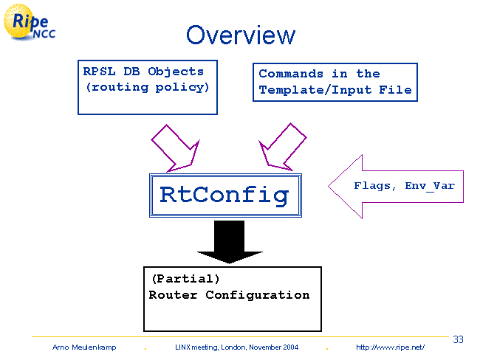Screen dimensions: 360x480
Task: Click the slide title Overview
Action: [x=240, y=35]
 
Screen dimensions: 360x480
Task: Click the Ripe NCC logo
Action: [x=30, y=23]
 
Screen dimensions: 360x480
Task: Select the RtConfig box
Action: [x=224, y=195]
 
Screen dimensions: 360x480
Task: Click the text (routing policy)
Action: [x=147, y=87]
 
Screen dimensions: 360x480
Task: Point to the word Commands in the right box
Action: [x=291, y=74]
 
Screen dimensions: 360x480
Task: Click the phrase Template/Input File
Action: [x=335, y=90]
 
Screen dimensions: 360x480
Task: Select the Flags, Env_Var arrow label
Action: [x=403, y=186]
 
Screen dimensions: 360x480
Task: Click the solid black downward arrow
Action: [x=229, y=241]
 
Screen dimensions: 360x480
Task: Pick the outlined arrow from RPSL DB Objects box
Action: [x=176, y=146]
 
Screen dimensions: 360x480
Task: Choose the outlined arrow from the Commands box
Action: [x=281, y=146]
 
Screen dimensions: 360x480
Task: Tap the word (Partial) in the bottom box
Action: [x=185, y=280]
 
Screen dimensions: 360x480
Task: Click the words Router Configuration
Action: [x=229, y=295]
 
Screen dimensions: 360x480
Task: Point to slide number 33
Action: [x=458, y=339]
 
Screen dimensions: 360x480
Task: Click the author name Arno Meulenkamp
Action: [x=82, y=347]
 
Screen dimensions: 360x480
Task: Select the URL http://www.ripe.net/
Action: [x=390, y=347]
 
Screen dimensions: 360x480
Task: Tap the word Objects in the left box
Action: [x=176, y=72]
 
